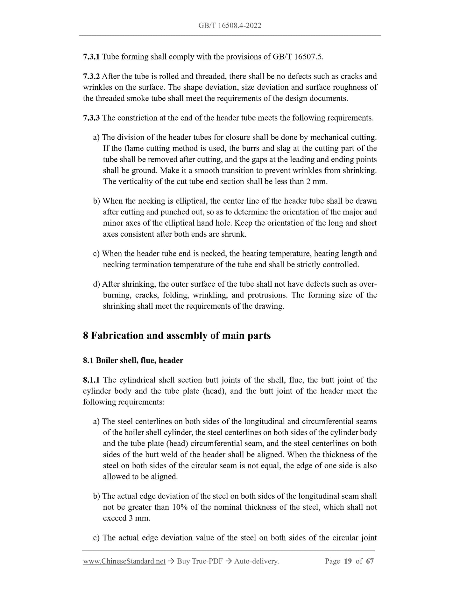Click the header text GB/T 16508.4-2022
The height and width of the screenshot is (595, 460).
[230, 26]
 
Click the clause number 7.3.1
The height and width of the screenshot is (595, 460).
[91, 57]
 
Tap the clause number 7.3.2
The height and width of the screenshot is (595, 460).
[91, 76]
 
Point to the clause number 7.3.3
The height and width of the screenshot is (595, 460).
[91, 118]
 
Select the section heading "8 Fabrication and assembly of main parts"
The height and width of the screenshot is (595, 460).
[177, 336]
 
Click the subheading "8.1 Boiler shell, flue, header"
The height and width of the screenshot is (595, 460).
[133, 360]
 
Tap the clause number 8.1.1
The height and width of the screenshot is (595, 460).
[91, 380]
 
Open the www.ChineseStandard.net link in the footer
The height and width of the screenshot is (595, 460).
[124, 562]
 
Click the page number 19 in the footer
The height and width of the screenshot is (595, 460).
[348, 562]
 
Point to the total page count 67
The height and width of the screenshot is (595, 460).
[370, 562]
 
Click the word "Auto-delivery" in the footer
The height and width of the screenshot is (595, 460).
[256, 562]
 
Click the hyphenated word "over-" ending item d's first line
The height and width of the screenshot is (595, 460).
[367, 284]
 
